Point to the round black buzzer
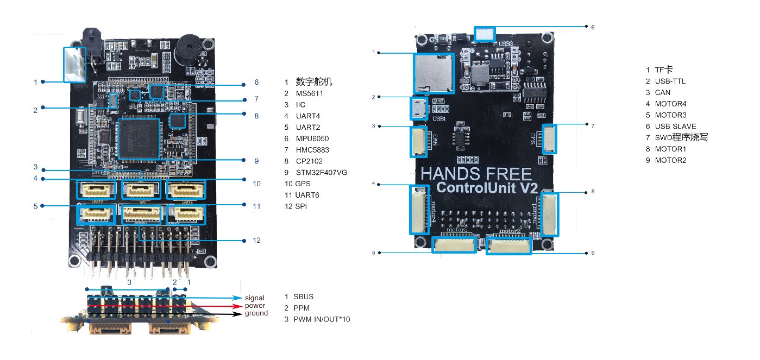coord(187,52)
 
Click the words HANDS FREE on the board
coord(476,174)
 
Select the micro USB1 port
coord(419,109)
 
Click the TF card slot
coord(435,73)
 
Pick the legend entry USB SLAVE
coord(675,126)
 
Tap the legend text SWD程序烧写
coord(681,137)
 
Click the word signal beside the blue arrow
coord(254,298)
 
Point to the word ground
coord(256,313)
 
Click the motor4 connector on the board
coord(420,210)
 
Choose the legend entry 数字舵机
coord(314,82)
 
